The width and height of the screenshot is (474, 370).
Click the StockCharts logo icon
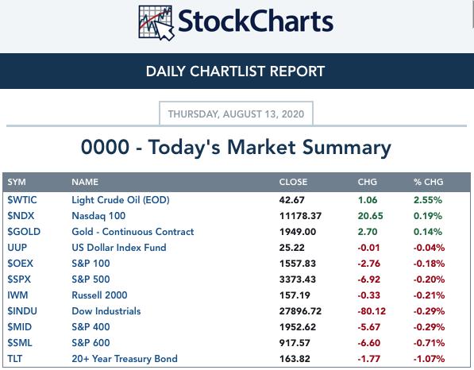(x=156, y=23)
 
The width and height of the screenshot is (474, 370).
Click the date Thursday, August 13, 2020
(x=236, y=114)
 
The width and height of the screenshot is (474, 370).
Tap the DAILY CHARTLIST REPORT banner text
(x=235, y=71)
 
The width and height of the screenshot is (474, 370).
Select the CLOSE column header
(x=293, y=182)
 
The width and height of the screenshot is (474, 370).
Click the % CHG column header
(x=429, y=182)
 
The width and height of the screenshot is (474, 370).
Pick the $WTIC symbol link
(x=22, y=200)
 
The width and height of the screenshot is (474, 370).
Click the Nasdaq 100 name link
(x=98, y=216)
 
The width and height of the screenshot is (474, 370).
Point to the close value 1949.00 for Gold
(x=298, y=232)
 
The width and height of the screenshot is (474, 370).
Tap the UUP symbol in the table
(x=17, y=248)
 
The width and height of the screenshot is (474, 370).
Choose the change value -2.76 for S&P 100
(x=369, y=264)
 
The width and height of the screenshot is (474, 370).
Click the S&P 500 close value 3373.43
(x=298, y=279)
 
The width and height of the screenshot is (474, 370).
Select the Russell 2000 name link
(x=99, y=295)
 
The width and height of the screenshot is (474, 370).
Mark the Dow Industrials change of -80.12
(x=372, y=311)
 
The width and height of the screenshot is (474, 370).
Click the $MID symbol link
(x=20, y=327)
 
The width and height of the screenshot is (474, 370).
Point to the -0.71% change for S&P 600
(x=429, y=343)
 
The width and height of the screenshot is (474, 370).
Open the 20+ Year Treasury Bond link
(x=125, y=359)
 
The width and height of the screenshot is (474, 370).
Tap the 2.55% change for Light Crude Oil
(x=428, y=200)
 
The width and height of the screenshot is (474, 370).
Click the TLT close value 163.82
(x=295, y=359)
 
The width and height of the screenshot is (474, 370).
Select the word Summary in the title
(x=347, y=148)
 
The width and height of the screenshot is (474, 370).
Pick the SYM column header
(x=17, y=182)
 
